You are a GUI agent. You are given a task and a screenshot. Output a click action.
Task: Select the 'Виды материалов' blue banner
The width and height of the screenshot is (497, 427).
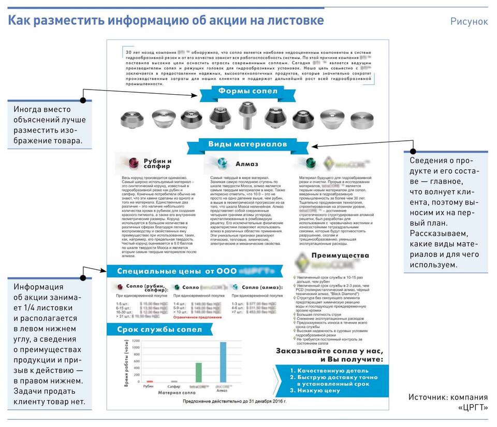pyautogui.click(x=247, y=144)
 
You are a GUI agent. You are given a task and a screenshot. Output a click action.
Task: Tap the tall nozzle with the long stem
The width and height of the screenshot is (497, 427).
pyautogui.click(x=244, y=115)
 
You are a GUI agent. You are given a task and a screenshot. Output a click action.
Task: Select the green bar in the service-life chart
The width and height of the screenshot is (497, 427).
pyautogui.click(x=198, y=371)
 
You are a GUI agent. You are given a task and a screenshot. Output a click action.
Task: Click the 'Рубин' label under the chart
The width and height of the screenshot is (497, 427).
pyautogui.click(x=149, y=386)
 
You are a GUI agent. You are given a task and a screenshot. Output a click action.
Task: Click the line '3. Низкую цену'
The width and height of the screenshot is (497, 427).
pyautogui.click(x=315, y=390)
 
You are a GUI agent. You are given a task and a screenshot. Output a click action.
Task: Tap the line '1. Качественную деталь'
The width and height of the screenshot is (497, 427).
pyautogui.click(x=329, y=371)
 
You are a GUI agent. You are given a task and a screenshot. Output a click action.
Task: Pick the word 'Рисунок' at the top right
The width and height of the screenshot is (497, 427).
pyautogui.click(x=469, y=21)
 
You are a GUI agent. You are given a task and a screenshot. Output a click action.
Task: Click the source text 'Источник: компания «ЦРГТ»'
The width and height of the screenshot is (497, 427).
pyautogui.click(x=448, y=402)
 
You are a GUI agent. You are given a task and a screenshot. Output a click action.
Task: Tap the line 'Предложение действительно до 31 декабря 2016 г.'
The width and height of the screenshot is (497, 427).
pyautogui.click(x=234, y=401)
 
